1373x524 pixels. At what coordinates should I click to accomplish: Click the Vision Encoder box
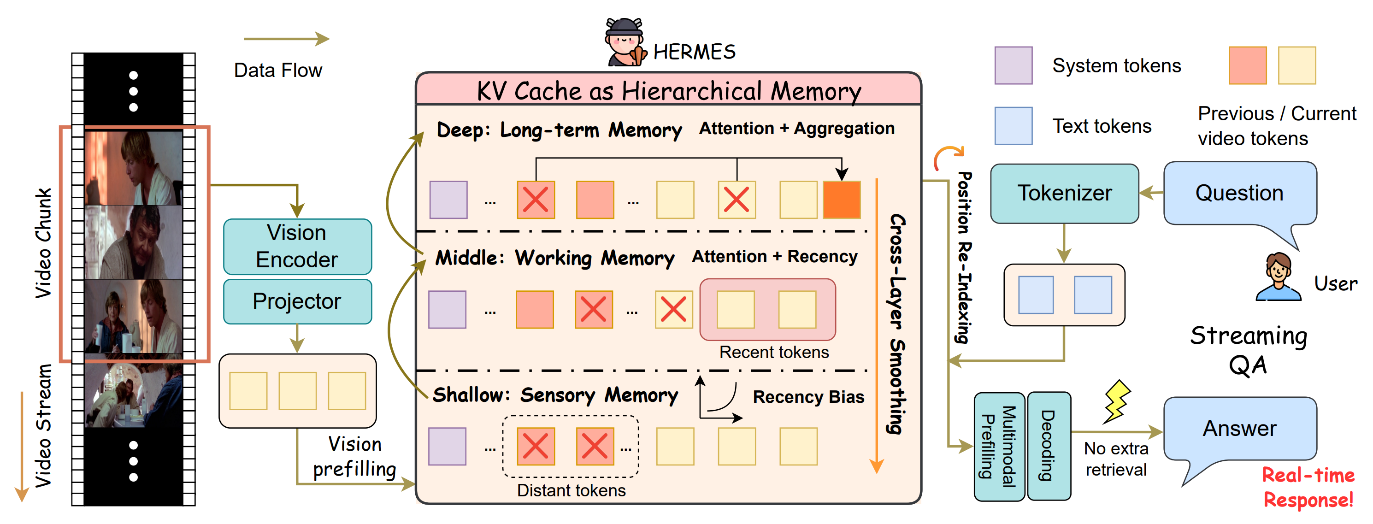click(297, 246)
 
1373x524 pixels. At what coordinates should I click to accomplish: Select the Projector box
click(297, 302)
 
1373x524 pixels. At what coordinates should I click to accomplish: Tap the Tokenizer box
click(1064, 193)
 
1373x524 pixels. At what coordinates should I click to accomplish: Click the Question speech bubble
click(1240, 193)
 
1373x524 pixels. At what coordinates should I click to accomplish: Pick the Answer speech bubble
click(1240, 429)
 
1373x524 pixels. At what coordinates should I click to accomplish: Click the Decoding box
click(1049, 446)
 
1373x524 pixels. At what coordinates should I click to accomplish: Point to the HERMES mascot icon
click(625, 43)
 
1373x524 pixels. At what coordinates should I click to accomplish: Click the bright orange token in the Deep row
click(842, 200)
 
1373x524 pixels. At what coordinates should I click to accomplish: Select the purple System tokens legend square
click(1013, 65)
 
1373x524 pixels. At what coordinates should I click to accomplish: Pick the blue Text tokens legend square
click(1013, 126)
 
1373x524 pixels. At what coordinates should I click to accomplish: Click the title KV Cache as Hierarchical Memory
click(668, 91)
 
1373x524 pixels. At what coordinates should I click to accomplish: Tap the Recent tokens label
click(774, 353)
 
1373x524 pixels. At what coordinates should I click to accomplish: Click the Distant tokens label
click(572, 490)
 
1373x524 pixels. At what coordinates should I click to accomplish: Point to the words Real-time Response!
click(1308, 487)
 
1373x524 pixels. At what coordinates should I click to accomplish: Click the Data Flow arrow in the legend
click(286, 39)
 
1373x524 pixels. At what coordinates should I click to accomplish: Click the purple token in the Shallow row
click(447, 446)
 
